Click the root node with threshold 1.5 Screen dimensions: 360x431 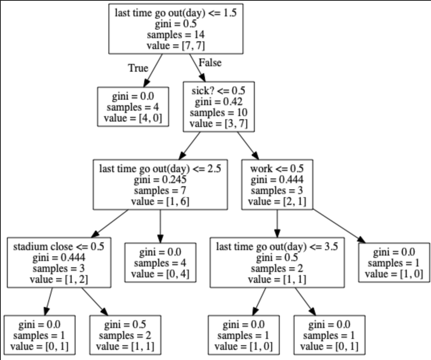coord(176,29)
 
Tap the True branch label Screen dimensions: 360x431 coord(138,68)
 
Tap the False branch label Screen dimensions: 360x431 coord(210,63)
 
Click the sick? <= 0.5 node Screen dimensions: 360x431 coord(219,107)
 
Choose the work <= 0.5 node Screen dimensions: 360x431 coord(277,185)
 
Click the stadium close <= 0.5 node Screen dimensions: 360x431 coord(58,263)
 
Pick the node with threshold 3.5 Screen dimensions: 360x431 coord(277,263)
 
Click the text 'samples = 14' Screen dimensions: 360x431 coord(176,35)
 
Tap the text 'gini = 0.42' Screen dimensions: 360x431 coord(219,102)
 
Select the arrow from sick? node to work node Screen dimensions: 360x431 coord(248,145)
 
